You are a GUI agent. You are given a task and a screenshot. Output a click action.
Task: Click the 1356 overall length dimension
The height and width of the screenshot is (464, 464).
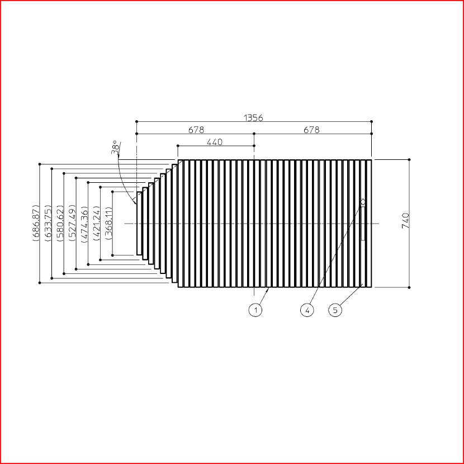pyautogui.click(x=253, y=118)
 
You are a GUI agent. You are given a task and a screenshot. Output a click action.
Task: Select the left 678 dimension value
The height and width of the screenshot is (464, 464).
pyautogui.click(x=196, y=130)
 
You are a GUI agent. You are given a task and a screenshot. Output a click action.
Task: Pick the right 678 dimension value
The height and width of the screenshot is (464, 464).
pyautogui.click(x=311, y=130)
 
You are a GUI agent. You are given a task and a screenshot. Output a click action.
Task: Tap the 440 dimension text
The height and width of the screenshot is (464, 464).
pyautogui.click(x=215, y=142)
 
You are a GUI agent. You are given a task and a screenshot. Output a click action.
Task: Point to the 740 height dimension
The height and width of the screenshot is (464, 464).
pyautogui.click(x=405, y=220)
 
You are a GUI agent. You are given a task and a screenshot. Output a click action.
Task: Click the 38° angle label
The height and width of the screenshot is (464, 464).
pyautogui.click(x=116, y=147)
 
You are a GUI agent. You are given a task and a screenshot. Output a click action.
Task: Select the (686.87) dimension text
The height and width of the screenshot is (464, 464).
pyautogui.click(x=36, y=223)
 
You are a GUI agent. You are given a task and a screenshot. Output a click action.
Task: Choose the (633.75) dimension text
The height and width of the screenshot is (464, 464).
pyautogui.click(x=48, y=223)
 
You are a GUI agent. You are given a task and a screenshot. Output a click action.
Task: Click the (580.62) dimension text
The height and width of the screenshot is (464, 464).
pyautogui.click(x=60, y=223)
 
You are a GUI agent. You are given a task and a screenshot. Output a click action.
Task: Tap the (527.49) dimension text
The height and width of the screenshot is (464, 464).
pyautogui.click(x=72, y=223)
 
